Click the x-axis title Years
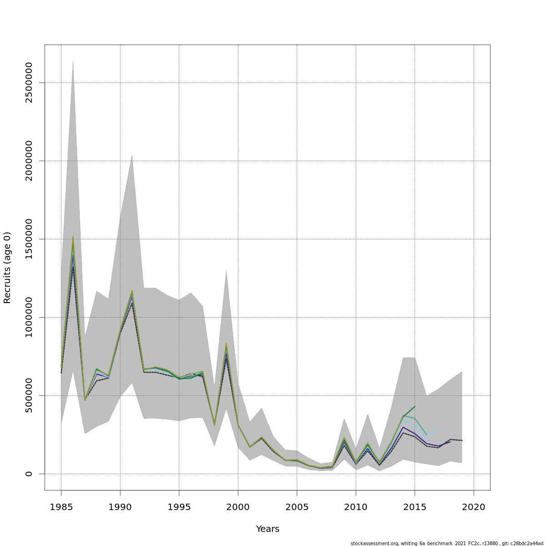(268, 529)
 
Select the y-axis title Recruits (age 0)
(7, 268)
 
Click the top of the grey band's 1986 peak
(73, 61)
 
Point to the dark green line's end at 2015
(415, 407)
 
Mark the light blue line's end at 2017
(438, 430)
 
